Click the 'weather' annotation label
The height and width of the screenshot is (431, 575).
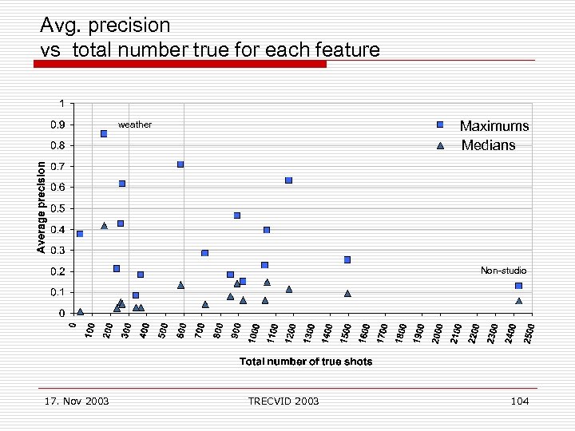134,125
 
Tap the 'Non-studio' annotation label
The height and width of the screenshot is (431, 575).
503,271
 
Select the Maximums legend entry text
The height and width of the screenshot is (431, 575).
494,126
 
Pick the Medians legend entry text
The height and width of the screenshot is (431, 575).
488,145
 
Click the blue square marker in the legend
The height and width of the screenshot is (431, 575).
440,125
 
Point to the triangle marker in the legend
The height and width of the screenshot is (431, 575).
440,145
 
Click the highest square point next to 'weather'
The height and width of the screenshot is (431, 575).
104,133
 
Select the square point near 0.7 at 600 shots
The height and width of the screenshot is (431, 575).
180,164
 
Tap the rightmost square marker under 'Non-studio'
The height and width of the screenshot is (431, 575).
518,286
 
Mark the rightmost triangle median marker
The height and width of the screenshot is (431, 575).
518,301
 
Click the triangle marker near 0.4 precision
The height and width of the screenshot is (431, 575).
104,226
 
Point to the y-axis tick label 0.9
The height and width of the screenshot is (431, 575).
59,125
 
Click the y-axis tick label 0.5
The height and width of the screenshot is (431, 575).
59,208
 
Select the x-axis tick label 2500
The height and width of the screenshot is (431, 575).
529,330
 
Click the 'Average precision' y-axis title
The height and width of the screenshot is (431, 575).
42,205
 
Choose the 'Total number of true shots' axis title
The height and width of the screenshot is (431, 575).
306,362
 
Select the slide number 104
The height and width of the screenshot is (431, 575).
519,401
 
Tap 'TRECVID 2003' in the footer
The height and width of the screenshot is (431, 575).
284,401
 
